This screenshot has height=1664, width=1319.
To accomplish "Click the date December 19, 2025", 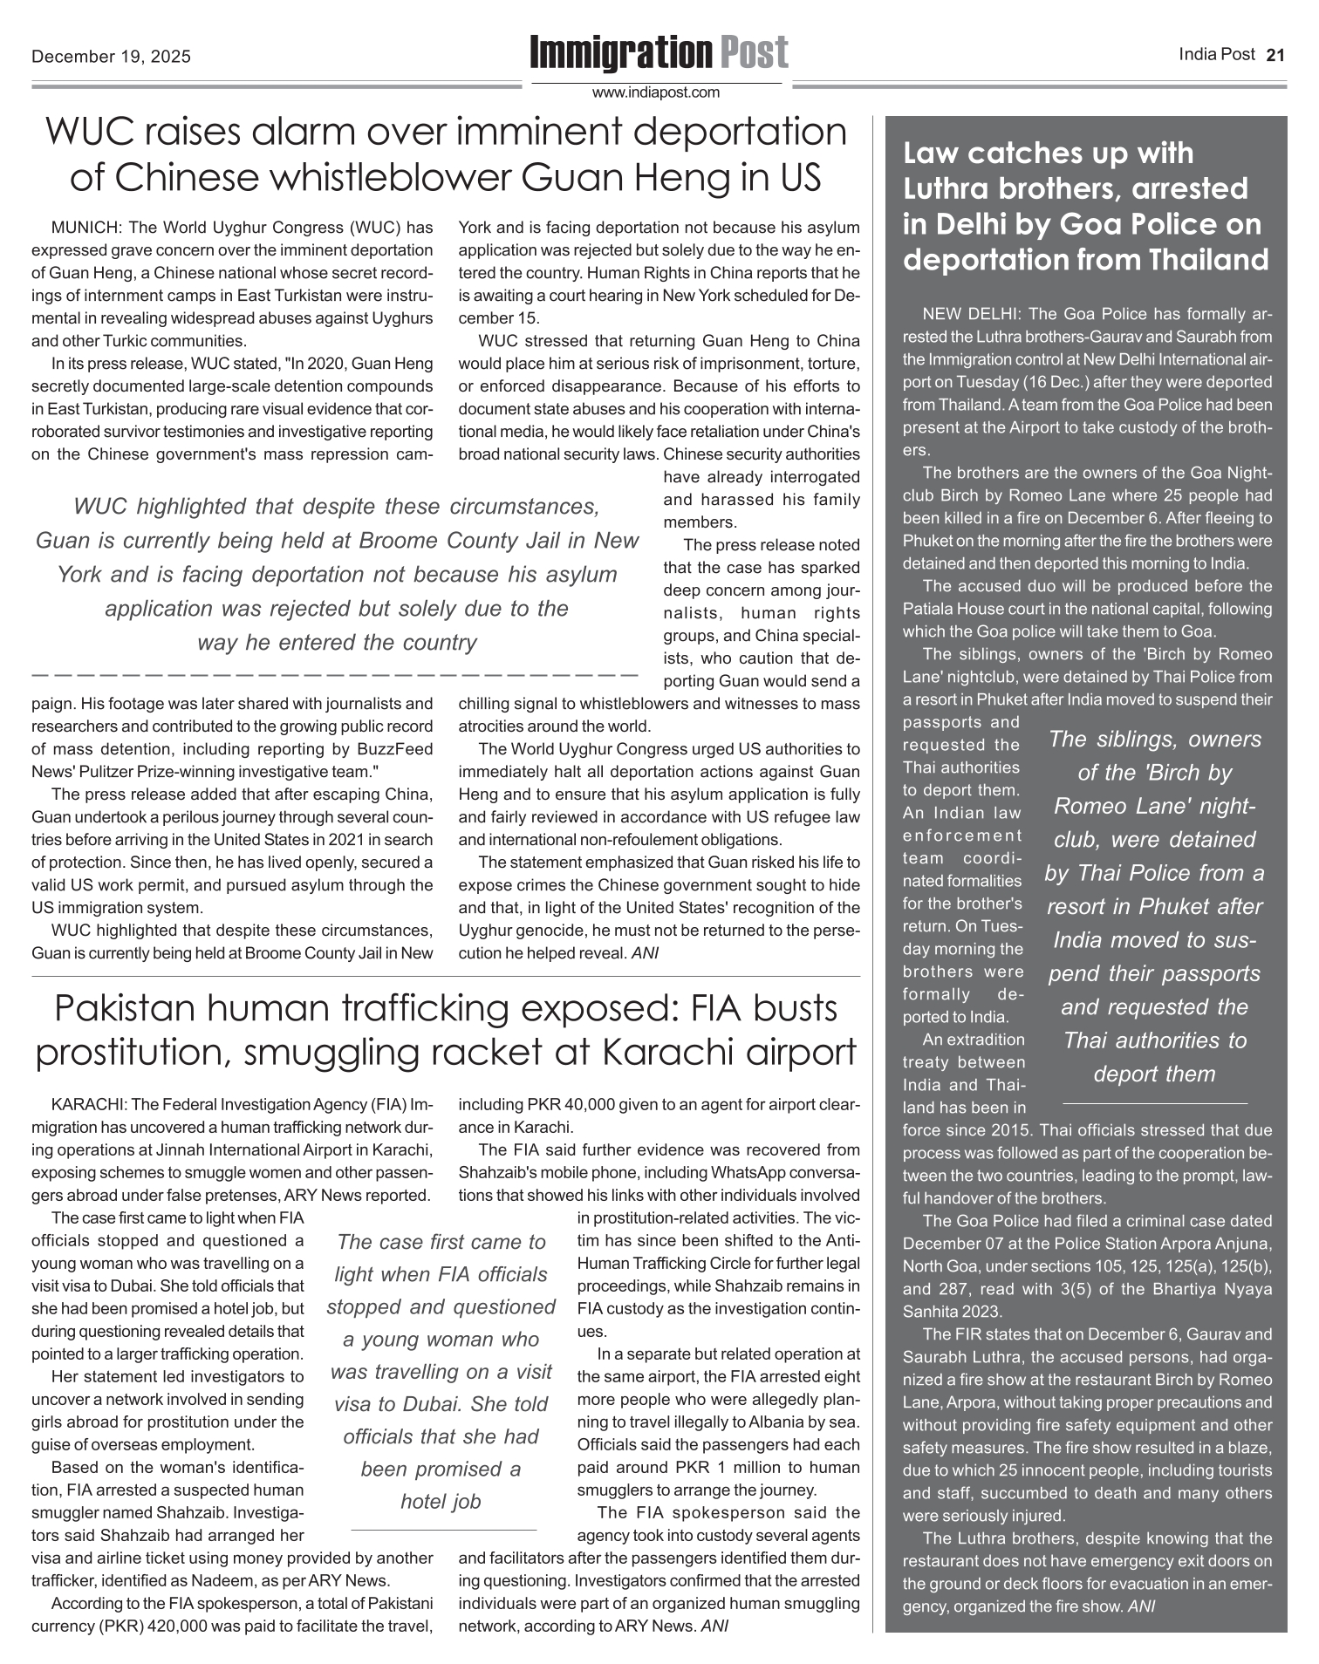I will click(x=111, y=58).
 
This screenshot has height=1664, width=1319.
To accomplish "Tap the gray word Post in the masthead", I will click(x=754, y=53).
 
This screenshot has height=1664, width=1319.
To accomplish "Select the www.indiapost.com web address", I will click(x=656, y=92).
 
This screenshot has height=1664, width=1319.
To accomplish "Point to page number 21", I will click(x=1275, y=55).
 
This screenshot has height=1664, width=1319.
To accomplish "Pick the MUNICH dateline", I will click(x=85, y=228).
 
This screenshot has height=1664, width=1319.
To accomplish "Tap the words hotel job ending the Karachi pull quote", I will click(x=441, y=1501).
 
